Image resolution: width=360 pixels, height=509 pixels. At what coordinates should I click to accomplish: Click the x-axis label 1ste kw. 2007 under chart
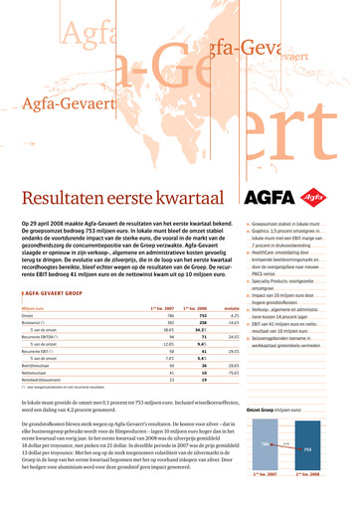265,501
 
